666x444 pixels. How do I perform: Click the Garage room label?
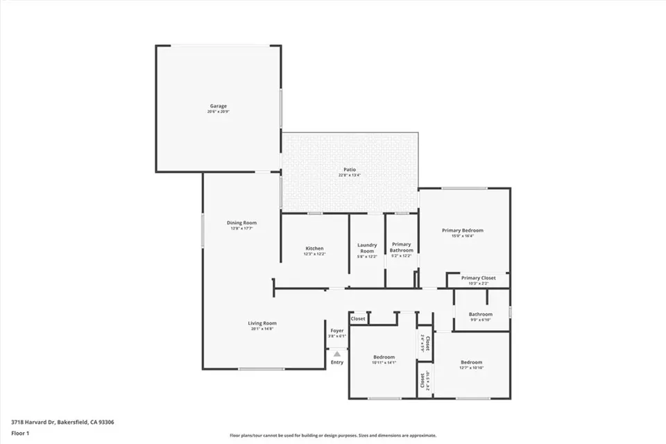point(217,106)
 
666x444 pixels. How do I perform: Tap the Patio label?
point(350,169)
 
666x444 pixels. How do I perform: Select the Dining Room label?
point(241,223)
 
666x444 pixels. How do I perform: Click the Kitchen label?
point(314,248)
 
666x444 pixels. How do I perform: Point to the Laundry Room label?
point(367,247)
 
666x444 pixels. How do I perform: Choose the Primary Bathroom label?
point(402,247)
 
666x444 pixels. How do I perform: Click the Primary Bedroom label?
point(463,230)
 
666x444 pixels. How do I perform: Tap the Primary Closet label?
point(479,277)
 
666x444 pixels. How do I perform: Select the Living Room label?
point(262,323)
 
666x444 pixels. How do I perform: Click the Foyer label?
point(336,331)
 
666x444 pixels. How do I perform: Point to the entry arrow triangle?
point(337,354)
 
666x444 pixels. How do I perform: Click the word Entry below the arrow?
point(337,362)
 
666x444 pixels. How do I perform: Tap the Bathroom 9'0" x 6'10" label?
point(480,314)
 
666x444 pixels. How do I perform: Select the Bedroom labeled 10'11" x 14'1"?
point(384,357)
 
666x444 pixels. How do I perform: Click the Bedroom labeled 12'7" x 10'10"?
point(472,362)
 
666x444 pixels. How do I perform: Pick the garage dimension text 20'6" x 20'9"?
point(217,112)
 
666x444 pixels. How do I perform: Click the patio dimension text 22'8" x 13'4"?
point(350,176)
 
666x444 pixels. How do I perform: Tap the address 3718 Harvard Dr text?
point(62,422)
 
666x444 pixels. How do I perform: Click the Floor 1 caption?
point(20,433)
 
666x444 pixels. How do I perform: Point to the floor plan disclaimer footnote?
point(333,436)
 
